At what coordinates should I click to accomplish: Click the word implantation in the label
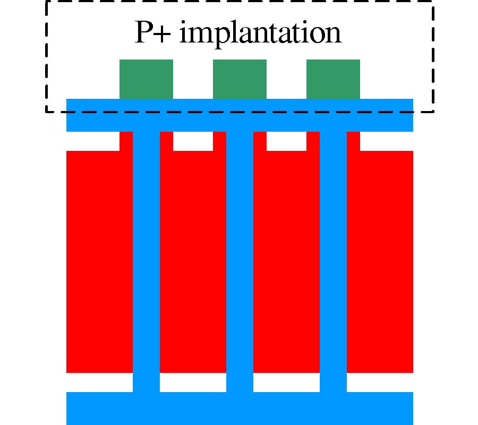click(260, 33)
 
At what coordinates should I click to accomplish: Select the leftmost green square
click(146, 79)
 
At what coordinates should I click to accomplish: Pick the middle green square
click(240, 79)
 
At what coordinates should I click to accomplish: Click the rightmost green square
click(333, 79)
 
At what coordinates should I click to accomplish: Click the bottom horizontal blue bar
click(240, 408)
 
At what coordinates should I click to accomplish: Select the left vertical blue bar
click(146, 260)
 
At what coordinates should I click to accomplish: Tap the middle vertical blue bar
click(240, 260)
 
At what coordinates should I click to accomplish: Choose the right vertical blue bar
click(333, 260)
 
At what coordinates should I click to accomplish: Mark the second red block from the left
click(193, 260)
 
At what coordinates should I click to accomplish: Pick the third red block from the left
click(286, 260)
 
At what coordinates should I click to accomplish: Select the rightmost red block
click(380, 260)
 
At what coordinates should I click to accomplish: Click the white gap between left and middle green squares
click(193, 79)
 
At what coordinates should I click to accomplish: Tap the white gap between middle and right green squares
click(286, 79)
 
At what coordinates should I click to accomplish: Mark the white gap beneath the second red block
click(193, 382)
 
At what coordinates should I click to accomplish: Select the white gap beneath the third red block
click(286, 382)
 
